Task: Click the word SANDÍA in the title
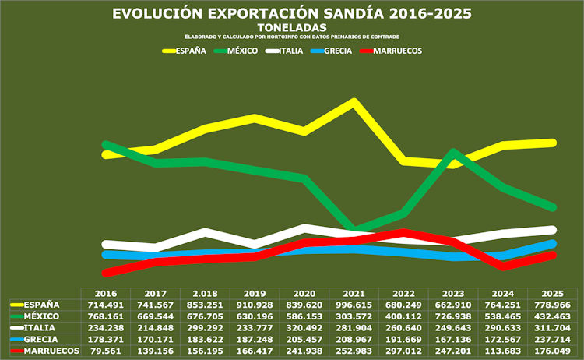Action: point(354,13)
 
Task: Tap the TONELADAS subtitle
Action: point(292,27)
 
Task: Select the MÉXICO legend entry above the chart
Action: point(236,51)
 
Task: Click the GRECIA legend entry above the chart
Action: point(331,51)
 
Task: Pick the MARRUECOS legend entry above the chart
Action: point(391,51)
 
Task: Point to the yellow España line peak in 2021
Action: point(354,102)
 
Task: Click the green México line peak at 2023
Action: point(453,153)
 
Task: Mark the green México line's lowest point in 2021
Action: point(354,228)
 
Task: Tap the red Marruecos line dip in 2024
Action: point(503,266)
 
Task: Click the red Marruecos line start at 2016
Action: point(106,273)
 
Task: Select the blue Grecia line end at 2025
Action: point(553,244)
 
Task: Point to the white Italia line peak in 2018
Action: point(206,231)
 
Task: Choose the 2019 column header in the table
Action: point(255,294)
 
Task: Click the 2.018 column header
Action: point(206,294)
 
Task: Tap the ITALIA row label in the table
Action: point(40,328)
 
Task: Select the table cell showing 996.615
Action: point(354,305)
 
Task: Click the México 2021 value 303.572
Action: point(354,317)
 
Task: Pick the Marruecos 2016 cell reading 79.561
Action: point(106,351)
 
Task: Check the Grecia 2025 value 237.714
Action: point(553,340)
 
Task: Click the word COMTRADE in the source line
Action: point(385,37)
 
